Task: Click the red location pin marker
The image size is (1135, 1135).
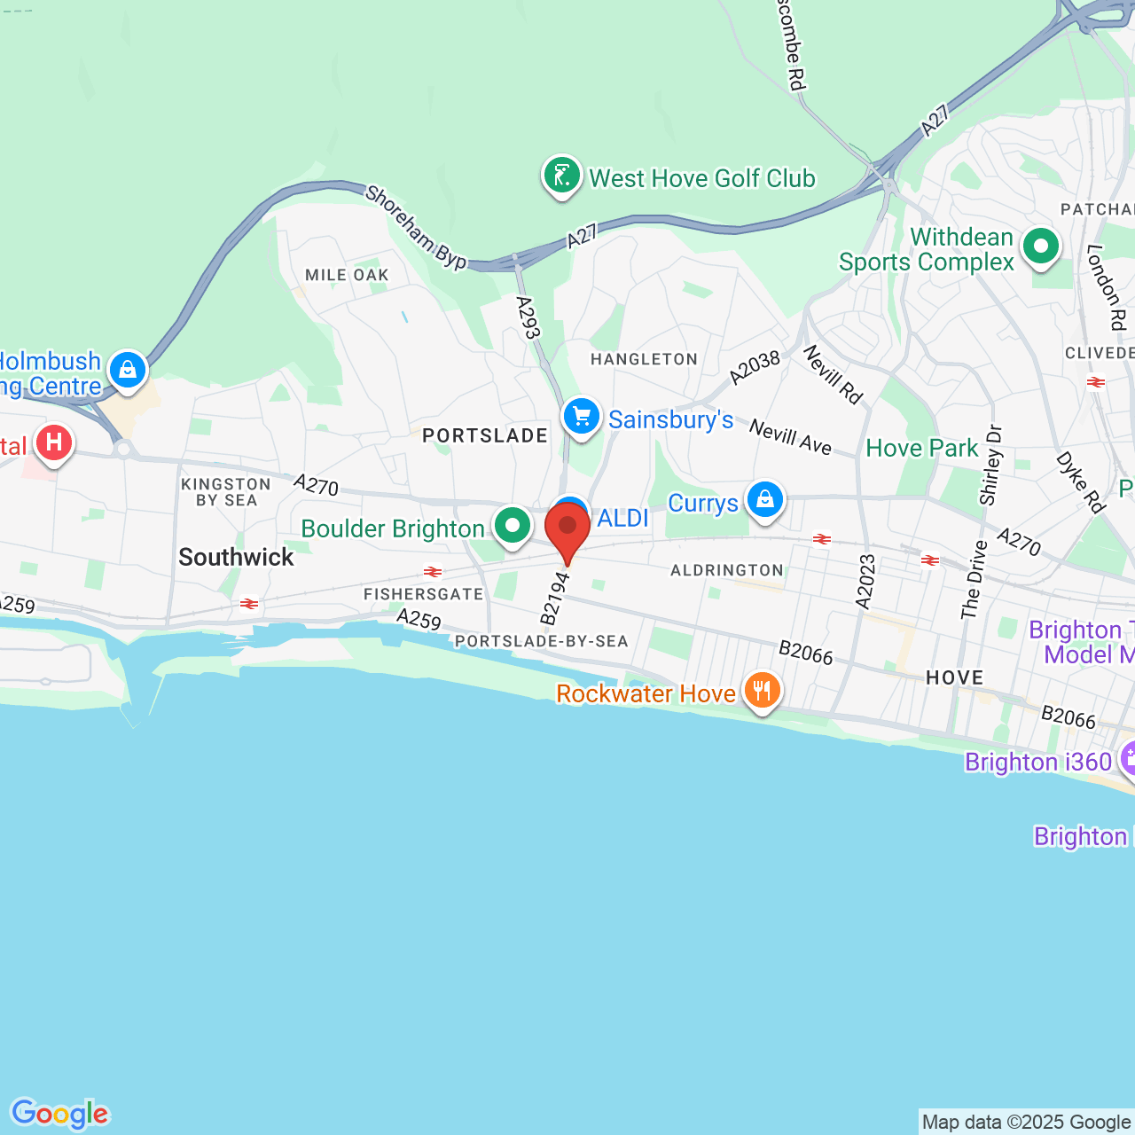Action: click(x=567, y=528)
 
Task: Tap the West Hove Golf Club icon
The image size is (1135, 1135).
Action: click(x=561, y=176)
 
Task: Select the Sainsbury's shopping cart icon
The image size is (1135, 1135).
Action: click(x=582, y=416)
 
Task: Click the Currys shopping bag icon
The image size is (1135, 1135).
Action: click(x=764, y=500)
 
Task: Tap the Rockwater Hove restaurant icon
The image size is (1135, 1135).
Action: click(x=762, y=690)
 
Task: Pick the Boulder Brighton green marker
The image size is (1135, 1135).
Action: click(x=512, y=526)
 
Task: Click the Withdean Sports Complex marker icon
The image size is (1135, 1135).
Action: click(x=1041, y=247)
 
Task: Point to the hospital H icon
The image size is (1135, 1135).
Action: click(x=54, y=442)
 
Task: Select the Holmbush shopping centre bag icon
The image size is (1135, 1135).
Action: click(x=128, y=370)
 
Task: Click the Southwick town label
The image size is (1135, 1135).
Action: click(x=236, y=557)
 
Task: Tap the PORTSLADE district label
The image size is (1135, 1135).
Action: click(x=485, y=435)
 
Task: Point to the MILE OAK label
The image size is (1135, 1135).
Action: click(x=347, y=275)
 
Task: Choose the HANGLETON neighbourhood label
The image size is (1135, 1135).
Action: click(x=644, y=359)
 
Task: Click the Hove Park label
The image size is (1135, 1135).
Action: click(x=921, y=448)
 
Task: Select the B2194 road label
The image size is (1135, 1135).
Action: click(x=554, y=598)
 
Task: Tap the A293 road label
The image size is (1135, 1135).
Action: click(x=528, y=317)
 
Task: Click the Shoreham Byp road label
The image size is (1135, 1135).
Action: click(x=416, y=227)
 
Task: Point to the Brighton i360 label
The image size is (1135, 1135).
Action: click(x=1037, y=762)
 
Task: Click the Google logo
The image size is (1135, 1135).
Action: click(x=60, y=1114)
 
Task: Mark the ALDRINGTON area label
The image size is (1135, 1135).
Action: click(x=727, y=570)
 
